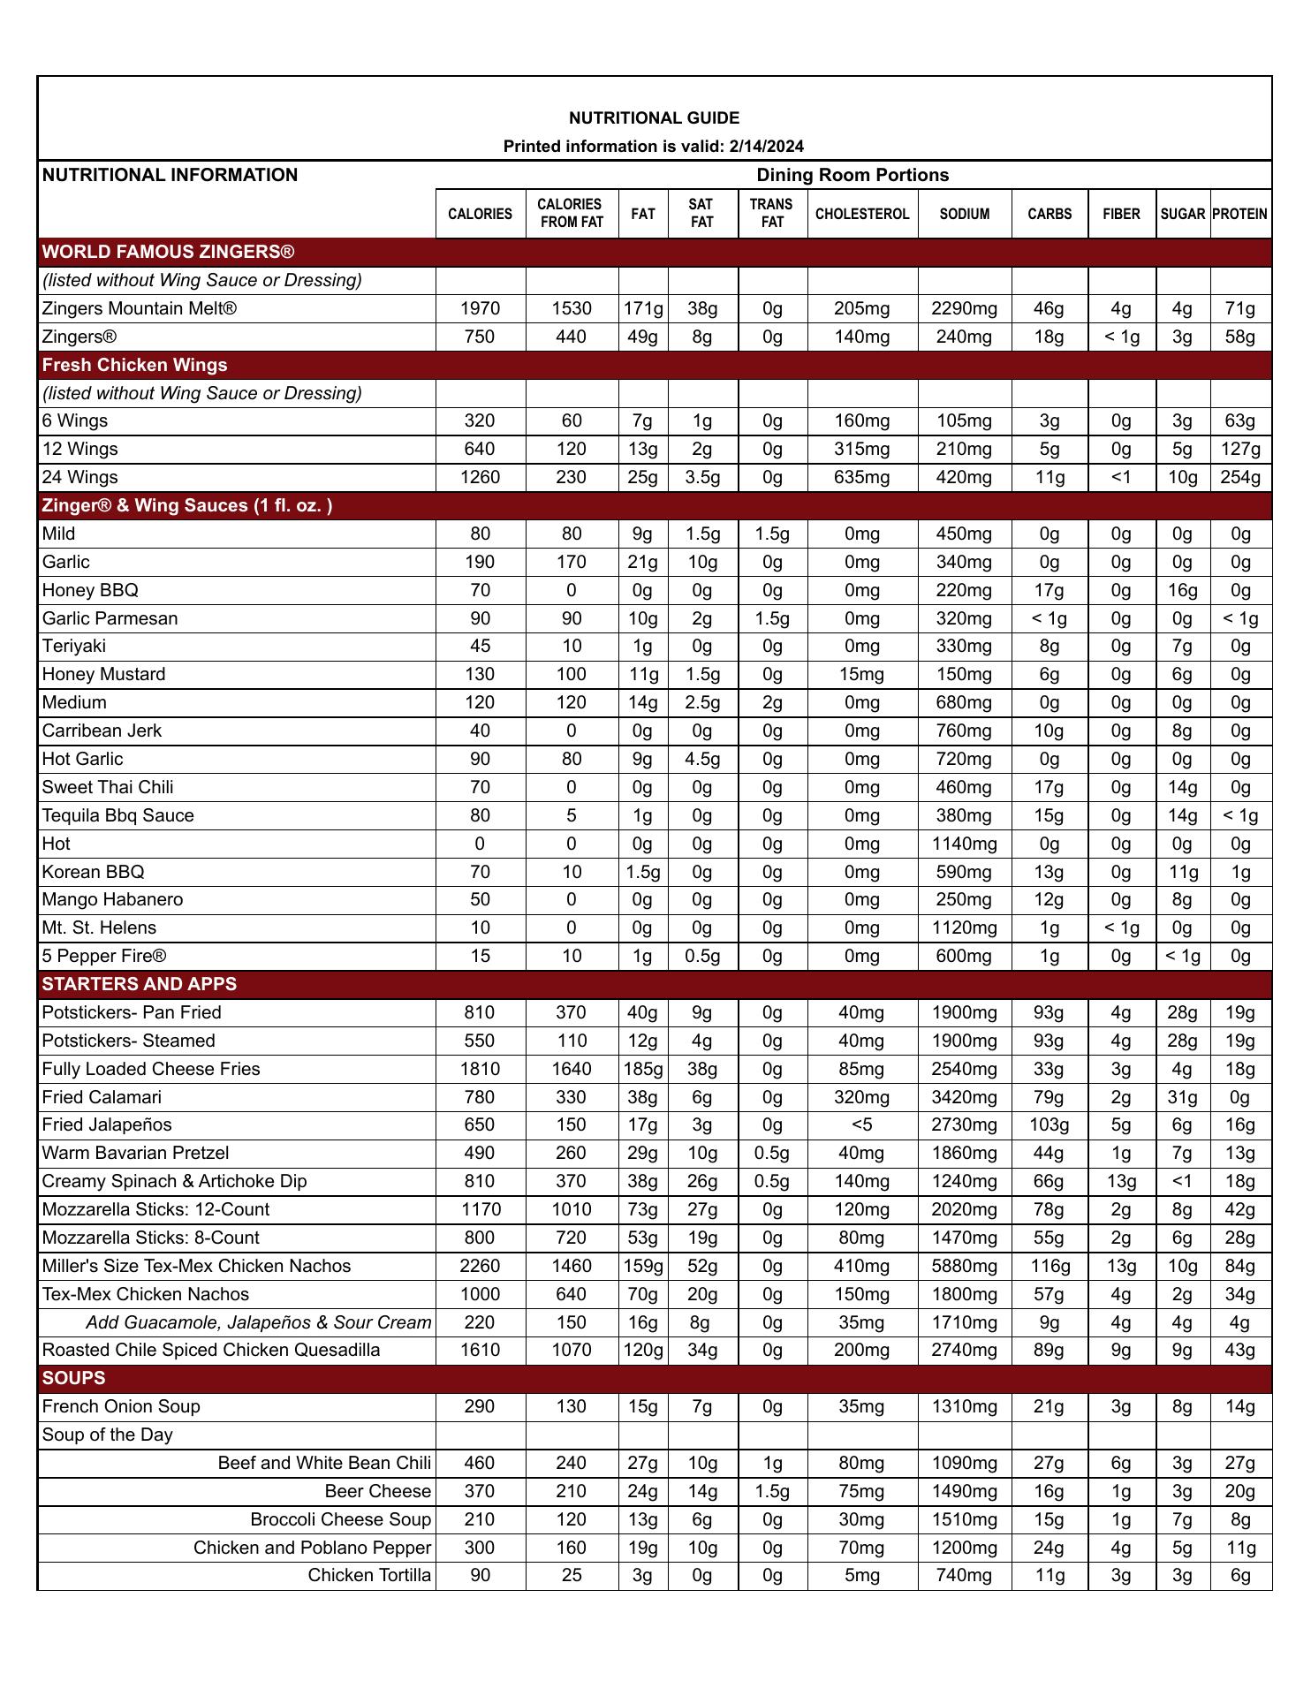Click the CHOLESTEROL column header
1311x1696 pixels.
861,214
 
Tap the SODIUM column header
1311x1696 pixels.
964,214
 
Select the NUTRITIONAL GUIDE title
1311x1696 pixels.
654,118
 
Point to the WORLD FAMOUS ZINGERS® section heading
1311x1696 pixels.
168,253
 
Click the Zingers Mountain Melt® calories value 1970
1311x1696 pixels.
480,308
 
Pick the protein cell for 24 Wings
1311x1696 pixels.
1240,477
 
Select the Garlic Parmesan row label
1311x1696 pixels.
110,618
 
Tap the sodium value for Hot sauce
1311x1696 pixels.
964,844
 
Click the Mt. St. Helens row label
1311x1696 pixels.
99,927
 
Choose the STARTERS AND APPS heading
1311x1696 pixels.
139,984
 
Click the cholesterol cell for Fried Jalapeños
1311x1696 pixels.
861,1124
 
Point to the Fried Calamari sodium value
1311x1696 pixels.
964,1097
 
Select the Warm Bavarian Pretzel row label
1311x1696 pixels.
135,1153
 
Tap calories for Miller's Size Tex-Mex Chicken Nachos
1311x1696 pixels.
480,1266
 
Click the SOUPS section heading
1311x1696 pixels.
73,1378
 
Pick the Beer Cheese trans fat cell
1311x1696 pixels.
772,1491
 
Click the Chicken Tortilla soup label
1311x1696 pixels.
369,1575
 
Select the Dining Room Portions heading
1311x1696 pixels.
853,175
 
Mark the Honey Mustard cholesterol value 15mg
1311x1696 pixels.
861,674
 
